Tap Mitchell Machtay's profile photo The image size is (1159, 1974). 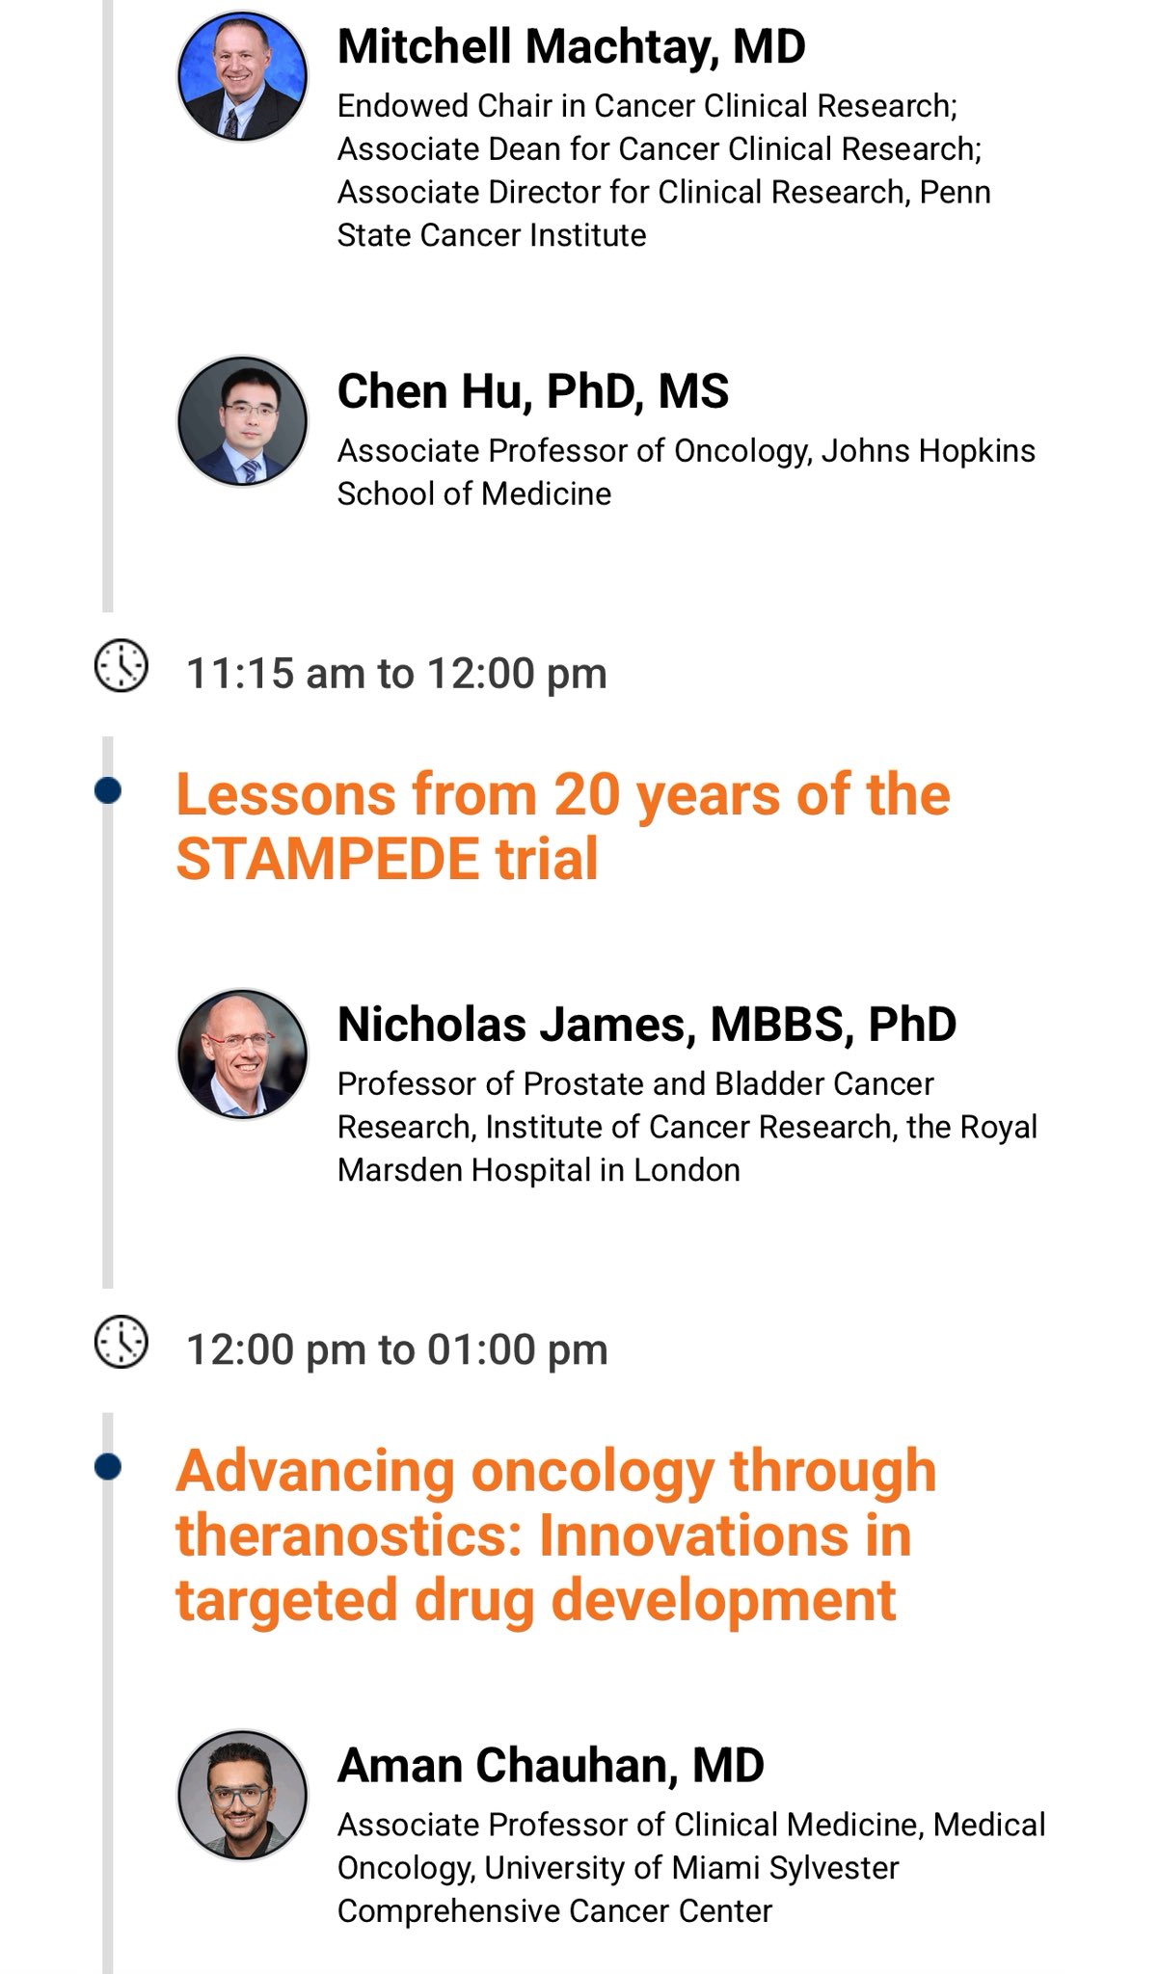(242, 76)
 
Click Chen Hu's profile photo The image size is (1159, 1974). (242, 421)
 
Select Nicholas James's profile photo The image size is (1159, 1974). (242, 1054)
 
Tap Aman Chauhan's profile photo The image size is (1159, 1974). (242, 1795)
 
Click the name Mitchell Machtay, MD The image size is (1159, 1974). (571, 46)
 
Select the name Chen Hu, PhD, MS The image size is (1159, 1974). (533, 391)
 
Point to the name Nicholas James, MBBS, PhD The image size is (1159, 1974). (647, 1024)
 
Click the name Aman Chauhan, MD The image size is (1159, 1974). (551, 1765)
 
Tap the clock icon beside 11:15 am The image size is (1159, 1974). (121, 665)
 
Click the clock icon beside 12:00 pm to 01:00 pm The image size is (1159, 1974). (121, 1342)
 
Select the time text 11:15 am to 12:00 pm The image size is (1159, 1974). (396, 674)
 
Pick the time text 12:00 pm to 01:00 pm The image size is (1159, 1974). (396, 1350)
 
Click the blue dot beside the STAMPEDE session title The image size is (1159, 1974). (108, 791)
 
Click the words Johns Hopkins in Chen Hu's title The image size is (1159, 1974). (929, 451)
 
